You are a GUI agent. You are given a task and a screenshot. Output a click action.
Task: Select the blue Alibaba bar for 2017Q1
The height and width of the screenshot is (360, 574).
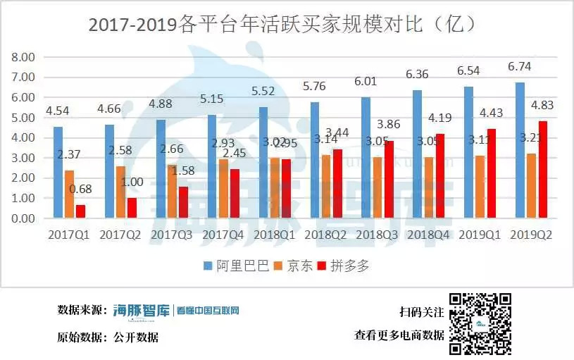[58, 173]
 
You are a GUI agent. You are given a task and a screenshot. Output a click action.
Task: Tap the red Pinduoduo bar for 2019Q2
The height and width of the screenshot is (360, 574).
[543, 170]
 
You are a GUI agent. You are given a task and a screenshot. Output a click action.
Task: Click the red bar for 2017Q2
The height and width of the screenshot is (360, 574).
[132, 208]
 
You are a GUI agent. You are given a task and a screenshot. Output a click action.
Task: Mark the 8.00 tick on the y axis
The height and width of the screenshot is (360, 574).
[24, 57]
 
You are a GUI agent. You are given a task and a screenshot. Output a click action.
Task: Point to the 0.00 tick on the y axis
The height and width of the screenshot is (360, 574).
[24, 218]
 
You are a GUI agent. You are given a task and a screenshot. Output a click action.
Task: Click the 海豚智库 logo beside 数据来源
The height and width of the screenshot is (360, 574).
[142, 310]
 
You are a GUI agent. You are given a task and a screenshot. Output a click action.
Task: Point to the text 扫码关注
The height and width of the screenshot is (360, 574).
[421, 312]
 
